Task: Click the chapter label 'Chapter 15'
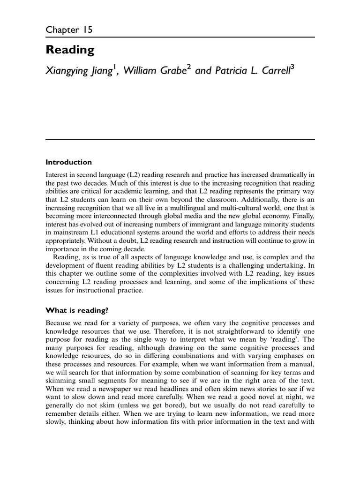pos(69,30)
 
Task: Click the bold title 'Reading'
pos(70,50)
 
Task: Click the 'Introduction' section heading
pos(68,162)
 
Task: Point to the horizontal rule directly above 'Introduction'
pos(180,139)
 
